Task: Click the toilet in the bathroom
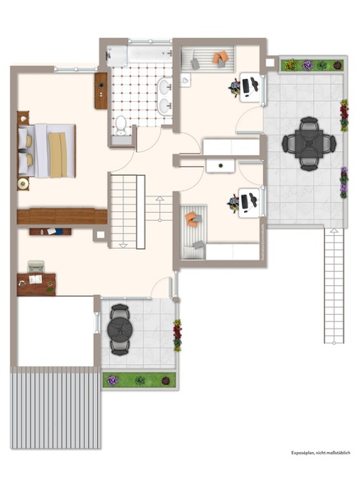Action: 121,125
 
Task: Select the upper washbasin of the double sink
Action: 164,87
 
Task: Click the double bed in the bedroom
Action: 47,150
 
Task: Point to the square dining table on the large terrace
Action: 309,144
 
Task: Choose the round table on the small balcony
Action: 120,329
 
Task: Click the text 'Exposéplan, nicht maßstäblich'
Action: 321,453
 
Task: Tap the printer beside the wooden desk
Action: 36,266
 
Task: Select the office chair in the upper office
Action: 234,87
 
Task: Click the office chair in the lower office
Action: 233,204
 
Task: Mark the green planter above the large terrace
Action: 312,65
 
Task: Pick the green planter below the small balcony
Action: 139,380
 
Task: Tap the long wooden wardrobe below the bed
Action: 62,216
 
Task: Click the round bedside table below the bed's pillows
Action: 23,184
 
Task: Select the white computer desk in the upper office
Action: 250,88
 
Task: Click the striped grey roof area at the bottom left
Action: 56,408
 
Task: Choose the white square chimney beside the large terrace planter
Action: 270,62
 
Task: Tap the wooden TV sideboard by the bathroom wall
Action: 101,91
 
